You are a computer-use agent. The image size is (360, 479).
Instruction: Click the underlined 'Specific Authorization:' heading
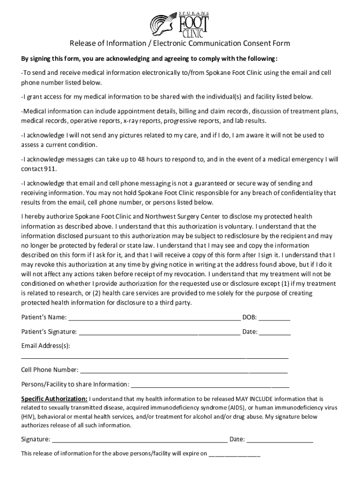pyautogui.click(x=54, y=399)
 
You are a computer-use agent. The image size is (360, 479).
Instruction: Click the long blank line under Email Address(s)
pyautogui.click(x=155, y=358)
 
